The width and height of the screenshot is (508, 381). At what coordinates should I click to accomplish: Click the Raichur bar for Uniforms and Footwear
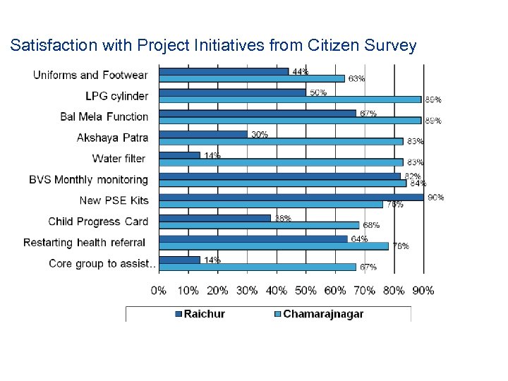point(224,71)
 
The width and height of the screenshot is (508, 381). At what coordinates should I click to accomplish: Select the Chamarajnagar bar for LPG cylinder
point(290,99)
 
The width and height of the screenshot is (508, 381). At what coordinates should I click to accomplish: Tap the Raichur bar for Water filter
point(180,155)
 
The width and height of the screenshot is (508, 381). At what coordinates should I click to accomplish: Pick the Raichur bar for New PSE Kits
point(291,197)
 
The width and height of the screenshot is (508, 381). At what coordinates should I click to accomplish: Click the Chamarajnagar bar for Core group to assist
point(258,267)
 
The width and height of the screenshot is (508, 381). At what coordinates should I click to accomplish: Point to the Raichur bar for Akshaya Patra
point(203,134)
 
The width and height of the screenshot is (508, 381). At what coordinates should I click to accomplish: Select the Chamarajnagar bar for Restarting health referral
point(274,246)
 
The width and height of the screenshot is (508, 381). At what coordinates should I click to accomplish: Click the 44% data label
point(300,71)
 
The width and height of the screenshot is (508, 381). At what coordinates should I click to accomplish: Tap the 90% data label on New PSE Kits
point(435,197)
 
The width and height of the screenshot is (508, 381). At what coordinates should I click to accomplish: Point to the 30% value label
point(259,134)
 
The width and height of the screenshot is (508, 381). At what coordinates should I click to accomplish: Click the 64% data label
point(359,238)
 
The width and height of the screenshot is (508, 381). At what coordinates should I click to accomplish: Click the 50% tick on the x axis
point(306,290)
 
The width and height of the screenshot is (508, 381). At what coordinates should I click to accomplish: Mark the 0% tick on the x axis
point(159,290)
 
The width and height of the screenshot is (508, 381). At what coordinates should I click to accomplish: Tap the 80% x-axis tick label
point(394,290)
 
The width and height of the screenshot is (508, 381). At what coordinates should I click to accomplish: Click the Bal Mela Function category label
point(104,116)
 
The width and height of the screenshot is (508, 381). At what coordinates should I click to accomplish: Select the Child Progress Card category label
point(98,222)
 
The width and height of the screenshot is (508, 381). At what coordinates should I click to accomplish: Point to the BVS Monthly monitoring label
point(88,180)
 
